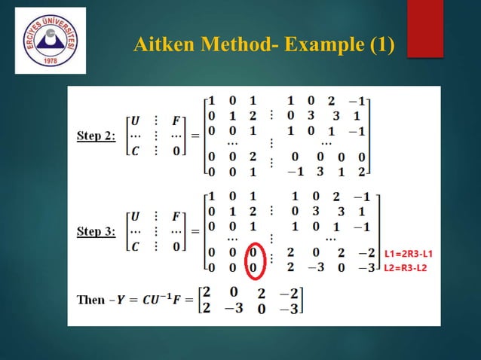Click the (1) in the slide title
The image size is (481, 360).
click(x=381, y=44)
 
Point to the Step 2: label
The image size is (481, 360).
click(x=97, y=136)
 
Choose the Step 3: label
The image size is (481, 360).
click(x=97, y=231)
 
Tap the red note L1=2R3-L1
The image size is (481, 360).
click(x=412, y=252)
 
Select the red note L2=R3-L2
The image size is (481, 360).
click(x=410, y=267)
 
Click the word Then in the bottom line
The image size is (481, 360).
click(x=91, y=300)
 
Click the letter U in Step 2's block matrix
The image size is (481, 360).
click(x=135, y=120)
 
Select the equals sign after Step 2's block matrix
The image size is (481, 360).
click(x=195, y=136)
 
